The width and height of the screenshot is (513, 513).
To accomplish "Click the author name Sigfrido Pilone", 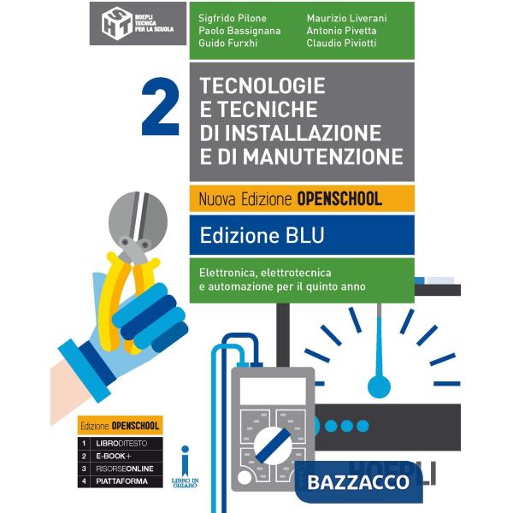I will coord(232,17).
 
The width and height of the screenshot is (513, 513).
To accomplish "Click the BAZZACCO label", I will coord(358,481).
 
